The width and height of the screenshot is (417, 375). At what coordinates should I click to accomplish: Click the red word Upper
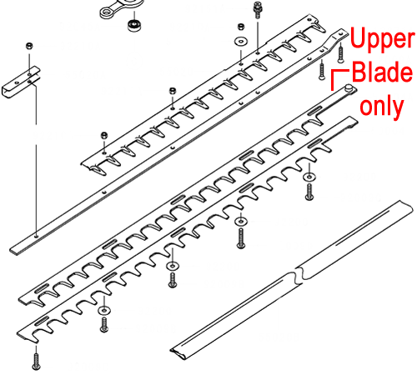coord(382,39)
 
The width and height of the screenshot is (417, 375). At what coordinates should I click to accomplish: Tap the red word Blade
coord(382,72)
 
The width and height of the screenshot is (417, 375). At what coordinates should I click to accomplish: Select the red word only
coord(381,107)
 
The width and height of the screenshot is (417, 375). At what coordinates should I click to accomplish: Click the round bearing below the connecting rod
coord(134,25)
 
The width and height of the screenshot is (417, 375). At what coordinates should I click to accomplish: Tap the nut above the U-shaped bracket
coord(29,46)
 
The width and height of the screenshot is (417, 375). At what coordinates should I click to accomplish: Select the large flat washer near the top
coord(241,42)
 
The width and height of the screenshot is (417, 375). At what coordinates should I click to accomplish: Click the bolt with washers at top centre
coord(258,10)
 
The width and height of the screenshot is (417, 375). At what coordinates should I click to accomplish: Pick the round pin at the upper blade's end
coord(349,87)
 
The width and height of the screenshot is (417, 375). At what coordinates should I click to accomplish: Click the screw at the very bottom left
coord(36,362)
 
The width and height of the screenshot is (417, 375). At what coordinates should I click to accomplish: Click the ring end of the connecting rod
coord(107,12)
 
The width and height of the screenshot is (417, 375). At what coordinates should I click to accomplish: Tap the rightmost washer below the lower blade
coord(309,177)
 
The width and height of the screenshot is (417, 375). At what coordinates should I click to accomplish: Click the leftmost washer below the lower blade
coord(104,310)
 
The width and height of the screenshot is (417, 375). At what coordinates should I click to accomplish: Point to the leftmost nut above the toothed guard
coord(104,135)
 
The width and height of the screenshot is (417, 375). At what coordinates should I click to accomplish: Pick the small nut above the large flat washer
coord(241,27)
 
